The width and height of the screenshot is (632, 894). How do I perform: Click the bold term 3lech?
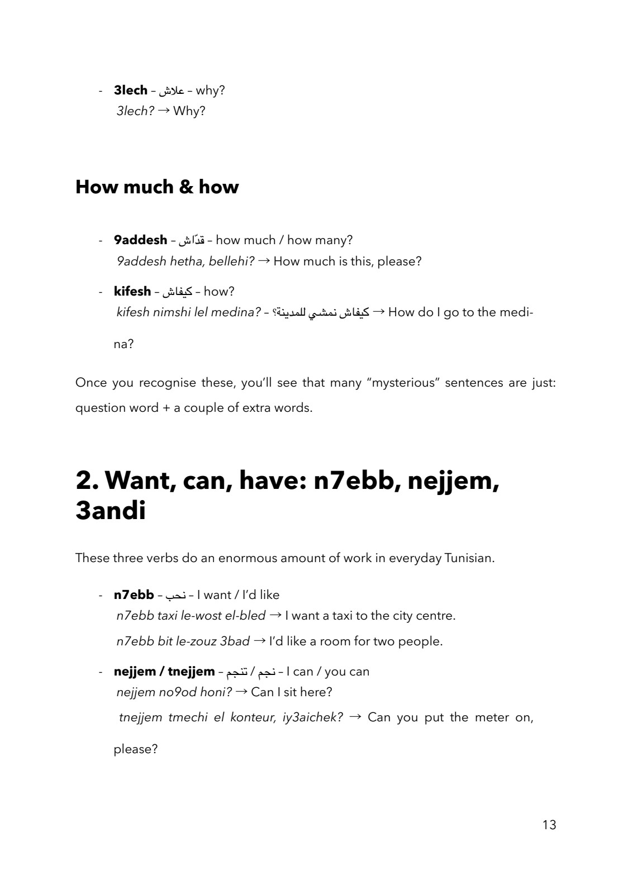tap(130, 90)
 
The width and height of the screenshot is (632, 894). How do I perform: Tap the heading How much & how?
tap(157, 187)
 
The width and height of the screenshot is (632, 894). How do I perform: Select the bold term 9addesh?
tap(140, 240)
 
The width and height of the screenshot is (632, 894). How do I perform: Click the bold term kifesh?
tap(132, 291)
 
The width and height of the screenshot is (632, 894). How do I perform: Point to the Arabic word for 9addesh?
tap(191, 241)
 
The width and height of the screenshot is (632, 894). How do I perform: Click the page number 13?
tap(549, 825)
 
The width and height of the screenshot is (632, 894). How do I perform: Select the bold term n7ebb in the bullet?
tap(134, 595)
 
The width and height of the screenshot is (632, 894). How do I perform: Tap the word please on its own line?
tap(135, 749)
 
